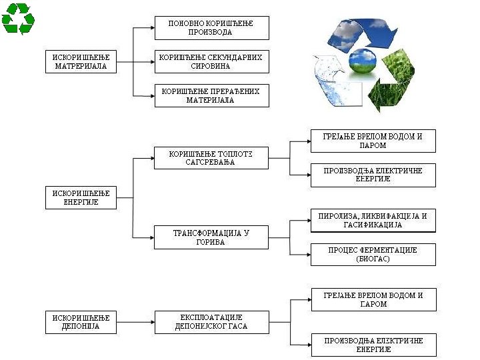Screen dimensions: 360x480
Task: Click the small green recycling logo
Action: pyautogui.click(x=18, y=18)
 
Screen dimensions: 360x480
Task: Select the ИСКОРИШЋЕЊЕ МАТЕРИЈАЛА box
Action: pyautogui.click(x=80, y=62)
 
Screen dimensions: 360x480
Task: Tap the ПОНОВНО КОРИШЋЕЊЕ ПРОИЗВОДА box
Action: pyautogui.click(x=211, y=28)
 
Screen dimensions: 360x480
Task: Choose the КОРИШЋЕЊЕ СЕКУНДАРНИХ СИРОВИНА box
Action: pyautogui.click(x=211, y=62)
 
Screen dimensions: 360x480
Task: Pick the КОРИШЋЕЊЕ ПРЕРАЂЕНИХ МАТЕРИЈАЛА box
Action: pyautogui.click(x=211, y=95)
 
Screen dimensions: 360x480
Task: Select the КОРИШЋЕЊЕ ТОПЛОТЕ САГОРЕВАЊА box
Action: pyautogui.click(x=211, y=158)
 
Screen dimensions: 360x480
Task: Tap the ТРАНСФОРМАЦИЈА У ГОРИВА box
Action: pyautogui.click(x=211, y=237)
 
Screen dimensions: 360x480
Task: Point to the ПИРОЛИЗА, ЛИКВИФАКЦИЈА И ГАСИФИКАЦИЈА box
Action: pyautogui.click(x=373, y=221)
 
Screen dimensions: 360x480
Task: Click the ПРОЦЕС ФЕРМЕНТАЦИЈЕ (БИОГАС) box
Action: pyautogui.click(x=373, y=254)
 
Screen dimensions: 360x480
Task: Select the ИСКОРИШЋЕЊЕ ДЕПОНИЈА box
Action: pyautogui.click(x=80, y=323)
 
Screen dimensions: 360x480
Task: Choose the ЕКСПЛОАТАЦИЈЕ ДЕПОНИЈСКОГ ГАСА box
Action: pyautogui.click(x=211, y=322)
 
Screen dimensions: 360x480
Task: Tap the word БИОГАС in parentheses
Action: pyautogui.click(x=373, y=259)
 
